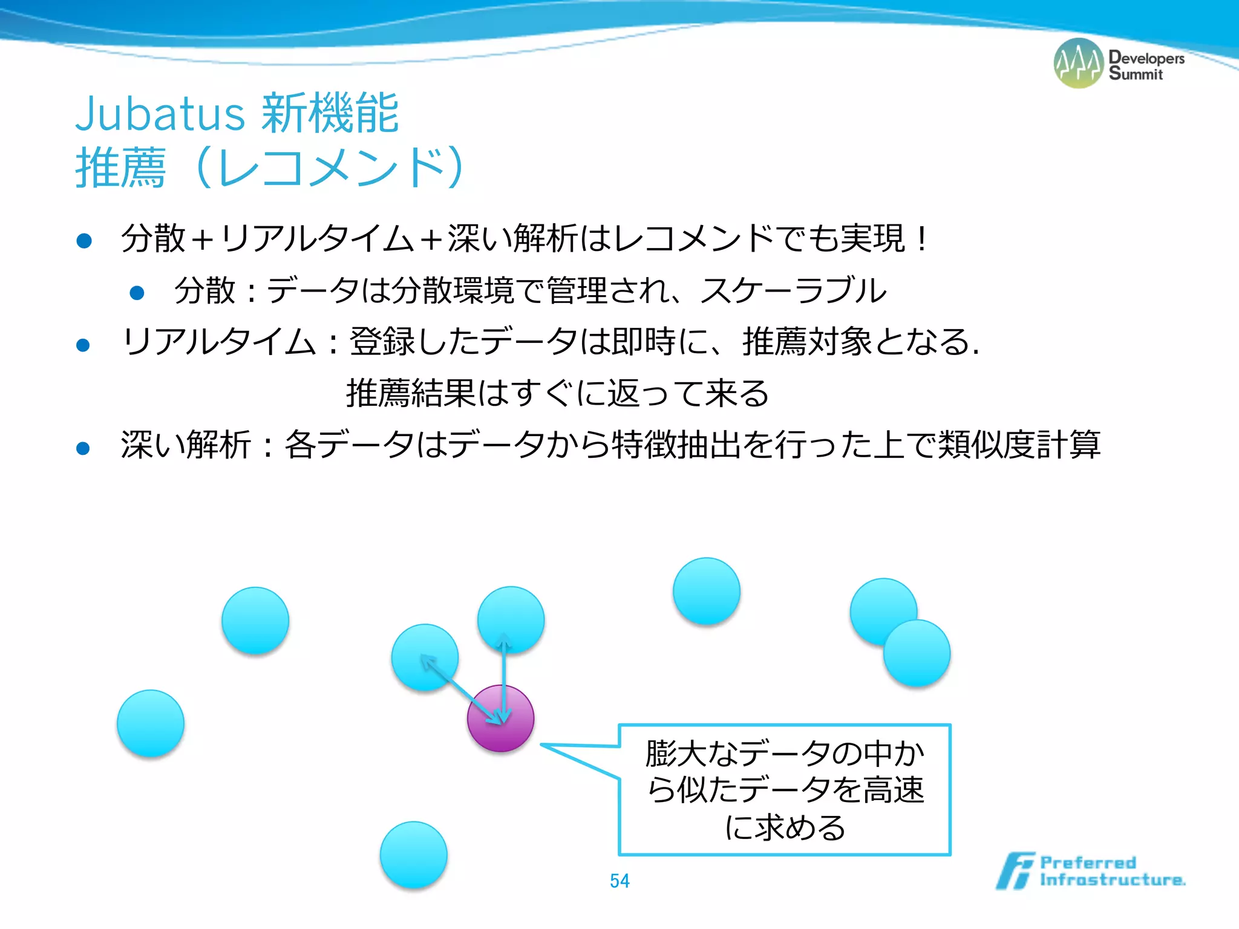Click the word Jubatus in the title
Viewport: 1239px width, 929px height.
pos(160,114)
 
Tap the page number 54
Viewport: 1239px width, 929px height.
pos(619,881)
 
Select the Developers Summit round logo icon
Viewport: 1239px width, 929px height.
pos(1079,64)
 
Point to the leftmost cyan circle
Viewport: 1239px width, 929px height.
pos(151,723)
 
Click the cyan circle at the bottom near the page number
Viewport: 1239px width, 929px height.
pos(414,855)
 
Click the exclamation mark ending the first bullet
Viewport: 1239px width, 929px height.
pos(921,239)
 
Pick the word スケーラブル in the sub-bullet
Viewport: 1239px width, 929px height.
pos(793,290)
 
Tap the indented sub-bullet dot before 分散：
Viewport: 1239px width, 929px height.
pos(137,293)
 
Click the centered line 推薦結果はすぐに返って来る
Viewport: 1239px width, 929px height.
pos(557,393)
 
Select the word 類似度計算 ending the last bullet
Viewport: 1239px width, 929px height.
pos(1018,445)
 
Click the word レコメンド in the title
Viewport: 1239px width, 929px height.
pos(330,168)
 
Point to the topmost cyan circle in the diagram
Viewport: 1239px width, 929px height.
pos(707,591)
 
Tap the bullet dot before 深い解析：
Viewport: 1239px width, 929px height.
pos(83,448)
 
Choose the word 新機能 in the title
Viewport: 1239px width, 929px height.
pos(330,114)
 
